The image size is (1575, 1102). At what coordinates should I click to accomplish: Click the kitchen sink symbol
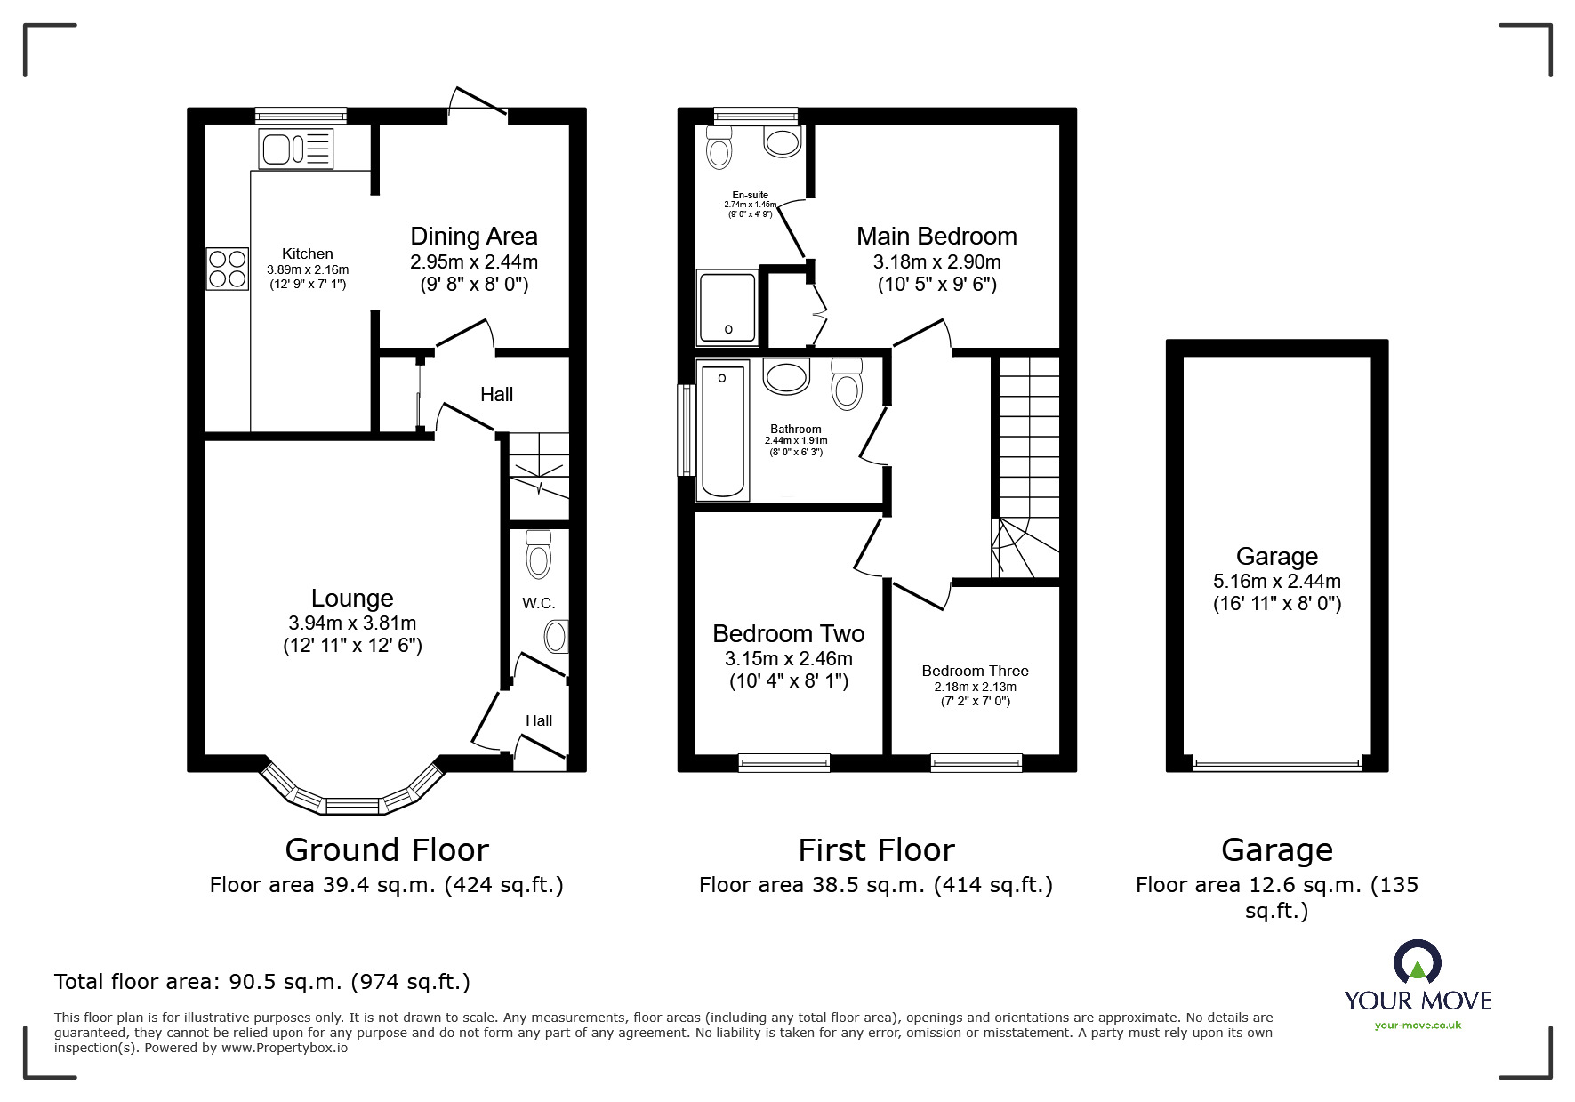296,149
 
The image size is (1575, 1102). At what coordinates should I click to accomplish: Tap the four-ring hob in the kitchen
228,269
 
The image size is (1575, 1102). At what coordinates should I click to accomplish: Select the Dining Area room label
474,237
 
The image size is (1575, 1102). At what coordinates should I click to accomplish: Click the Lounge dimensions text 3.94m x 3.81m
352,623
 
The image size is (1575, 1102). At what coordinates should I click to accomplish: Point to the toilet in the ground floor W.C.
539,553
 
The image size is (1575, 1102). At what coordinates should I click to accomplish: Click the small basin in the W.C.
557,637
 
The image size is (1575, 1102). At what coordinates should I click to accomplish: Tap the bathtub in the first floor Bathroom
723,430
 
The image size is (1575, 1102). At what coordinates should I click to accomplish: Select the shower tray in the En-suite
728,308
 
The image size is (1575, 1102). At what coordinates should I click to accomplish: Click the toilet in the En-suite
719,148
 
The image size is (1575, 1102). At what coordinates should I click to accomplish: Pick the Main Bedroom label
936,237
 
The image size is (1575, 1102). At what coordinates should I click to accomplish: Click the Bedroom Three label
976,671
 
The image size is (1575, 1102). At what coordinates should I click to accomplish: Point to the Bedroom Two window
783,762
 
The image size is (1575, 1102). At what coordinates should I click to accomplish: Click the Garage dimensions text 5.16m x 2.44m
1277,582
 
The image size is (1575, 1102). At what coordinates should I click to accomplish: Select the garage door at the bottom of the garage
1277,763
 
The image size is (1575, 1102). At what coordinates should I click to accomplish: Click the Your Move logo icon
1418,961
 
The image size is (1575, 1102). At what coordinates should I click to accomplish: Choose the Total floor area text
262,982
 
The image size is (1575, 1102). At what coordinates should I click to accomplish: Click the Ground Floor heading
387,850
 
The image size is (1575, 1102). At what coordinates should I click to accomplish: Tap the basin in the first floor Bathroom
787,376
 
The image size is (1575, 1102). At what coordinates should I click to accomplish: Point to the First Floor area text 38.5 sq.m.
876,885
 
